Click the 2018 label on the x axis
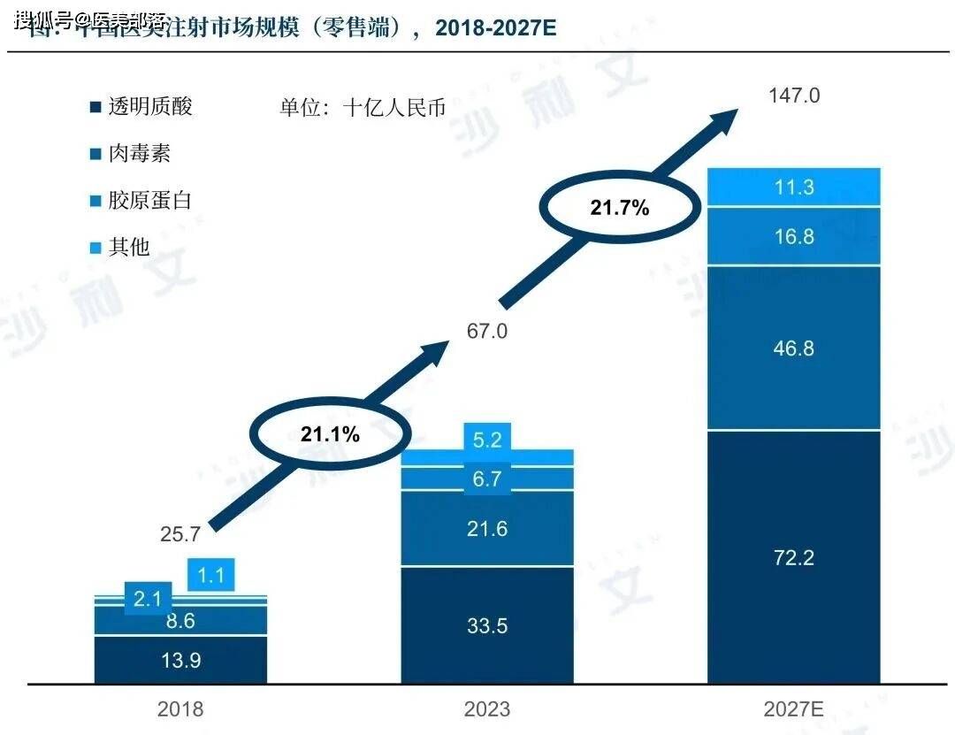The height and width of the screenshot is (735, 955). click(180, 708)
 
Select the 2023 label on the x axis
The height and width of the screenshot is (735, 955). click(487, 708)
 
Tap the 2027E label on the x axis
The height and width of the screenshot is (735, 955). click(794, 708)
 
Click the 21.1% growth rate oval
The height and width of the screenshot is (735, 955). click(329, 433)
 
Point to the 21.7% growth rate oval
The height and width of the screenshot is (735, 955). click(619, 209)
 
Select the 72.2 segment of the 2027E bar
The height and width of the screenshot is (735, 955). click(794, 557)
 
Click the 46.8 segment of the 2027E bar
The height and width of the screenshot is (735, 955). click(794, 348)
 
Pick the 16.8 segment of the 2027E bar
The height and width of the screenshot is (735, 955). click(794, 236)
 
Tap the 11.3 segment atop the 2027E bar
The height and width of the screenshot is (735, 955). click(794, 187)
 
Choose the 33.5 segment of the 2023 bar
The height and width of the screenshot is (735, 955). click(487, 625)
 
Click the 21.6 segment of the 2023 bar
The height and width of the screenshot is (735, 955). click(487, 529)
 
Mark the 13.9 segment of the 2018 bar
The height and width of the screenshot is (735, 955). click(180, 660)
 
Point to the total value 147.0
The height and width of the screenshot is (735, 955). click(794, 96)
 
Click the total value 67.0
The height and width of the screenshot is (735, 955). click(487, 332)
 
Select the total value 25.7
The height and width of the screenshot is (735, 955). click(180, 534)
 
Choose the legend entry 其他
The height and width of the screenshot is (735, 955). click(128, 248)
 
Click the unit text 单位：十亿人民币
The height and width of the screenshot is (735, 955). click(363, 108)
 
